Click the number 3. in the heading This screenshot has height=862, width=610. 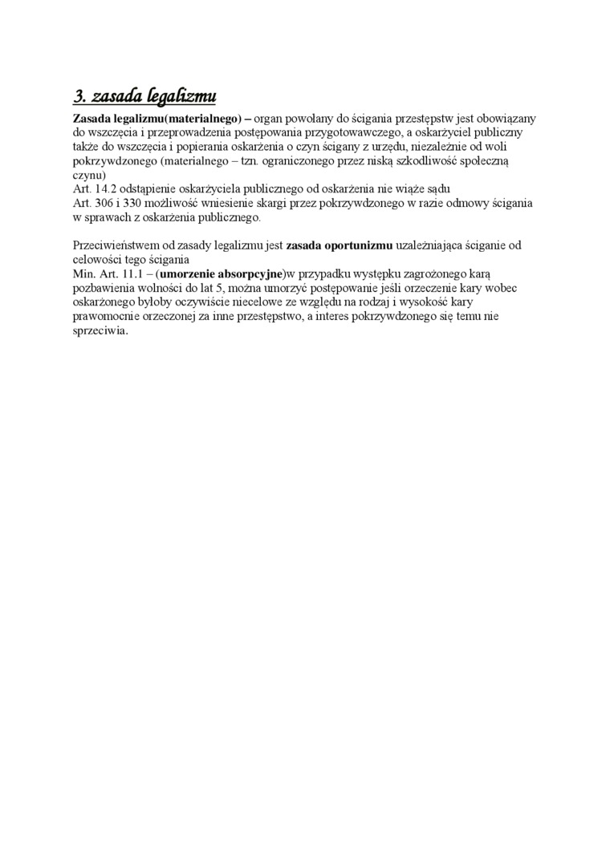tap(79, 98)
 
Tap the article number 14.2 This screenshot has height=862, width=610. tap(105, 189)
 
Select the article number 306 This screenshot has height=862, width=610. tap(103, 204)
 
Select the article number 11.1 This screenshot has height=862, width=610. tap(124, 273)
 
